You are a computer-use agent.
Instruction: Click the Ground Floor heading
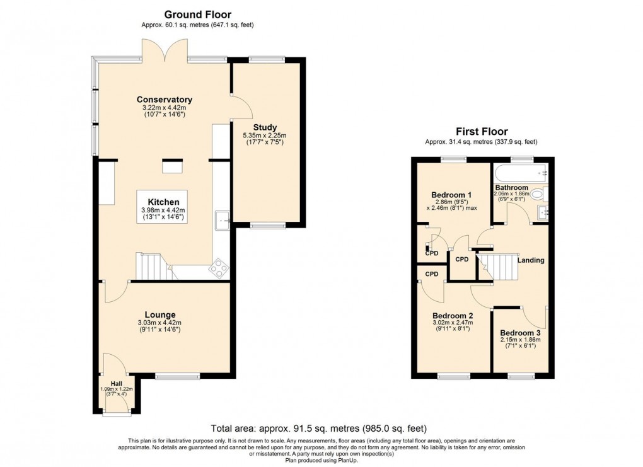[197, 14]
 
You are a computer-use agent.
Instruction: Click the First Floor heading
[481, 132]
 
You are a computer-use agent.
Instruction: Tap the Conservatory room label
[165, 100]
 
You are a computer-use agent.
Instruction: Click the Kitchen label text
[164, 202]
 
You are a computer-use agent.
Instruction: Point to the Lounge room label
[160, 314]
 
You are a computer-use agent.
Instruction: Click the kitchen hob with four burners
[219, 268]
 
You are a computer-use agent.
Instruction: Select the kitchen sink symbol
[222, 220]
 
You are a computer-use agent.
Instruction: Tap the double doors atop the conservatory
[165, 50]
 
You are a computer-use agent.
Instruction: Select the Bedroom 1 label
[452, 195]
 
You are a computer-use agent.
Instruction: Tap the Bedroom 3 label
[520, 333]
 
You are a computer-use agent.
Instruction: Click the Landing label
[531, 260]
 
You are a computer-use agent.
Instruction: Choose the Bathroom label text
[511, 188]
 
